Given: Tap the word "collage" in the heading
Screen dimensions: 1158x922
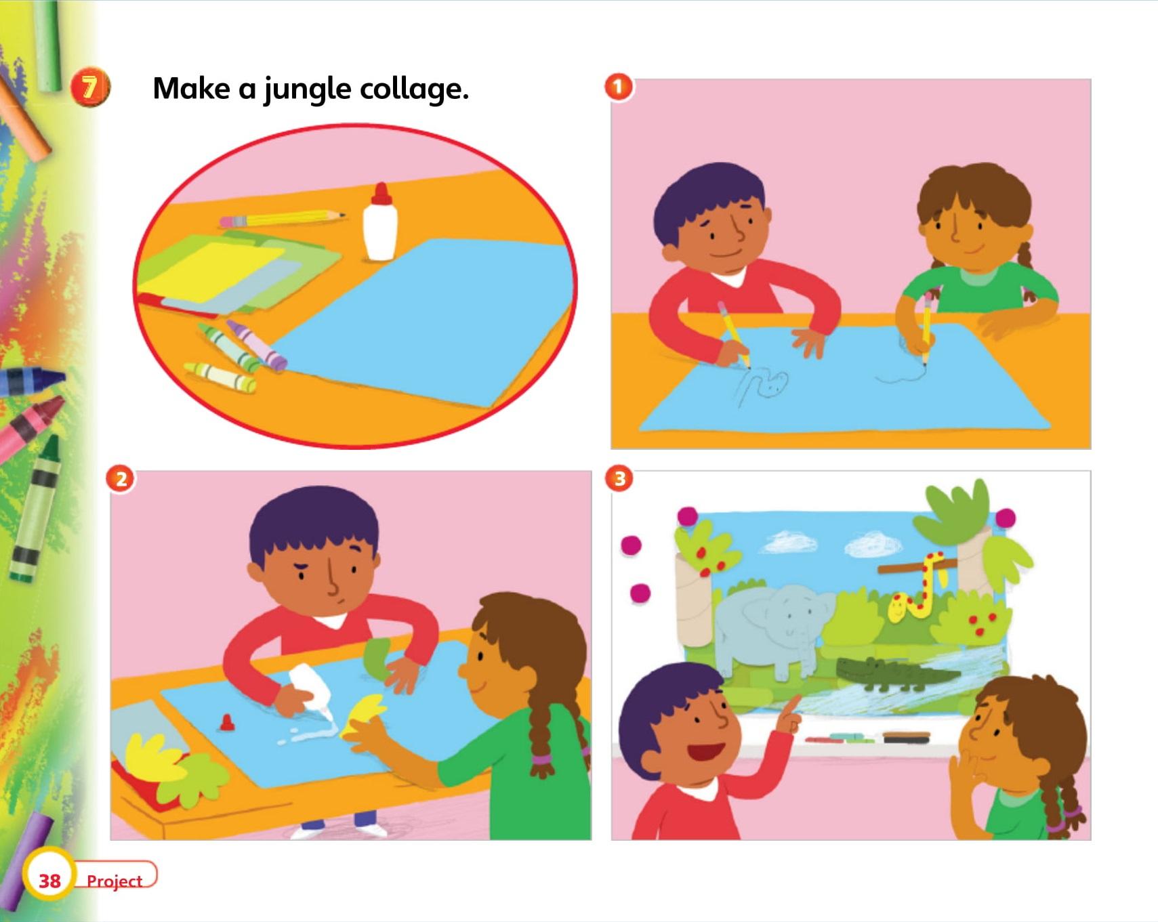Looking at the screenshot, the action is [x=411, y=90].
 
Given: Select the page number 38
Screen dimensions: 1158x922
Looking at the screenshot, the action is [x=49, y=881].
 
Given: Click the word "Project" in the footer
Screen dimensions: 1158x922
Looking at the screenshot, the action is [x=115, y=881].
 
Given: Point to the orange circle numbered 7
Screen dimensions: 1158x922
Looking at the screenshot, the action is [x=89, y=88].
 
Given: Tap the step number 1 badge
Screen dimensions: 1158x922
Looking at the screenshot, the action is [x=618, y=87].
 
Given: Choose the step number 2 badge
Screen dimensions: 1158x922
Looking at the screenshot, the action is [x=121, y=480].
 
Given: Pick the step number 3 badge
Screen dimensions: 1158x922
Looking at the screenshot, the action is [x=619, y=479].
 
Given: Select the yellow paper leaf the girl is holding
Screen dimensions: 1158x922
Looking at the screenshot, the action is [x=365, y=713].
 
